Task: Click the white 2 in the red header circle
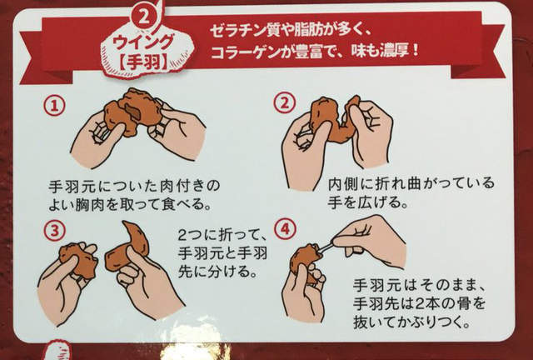146,15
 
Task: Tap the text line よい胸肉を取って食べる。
129,202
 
